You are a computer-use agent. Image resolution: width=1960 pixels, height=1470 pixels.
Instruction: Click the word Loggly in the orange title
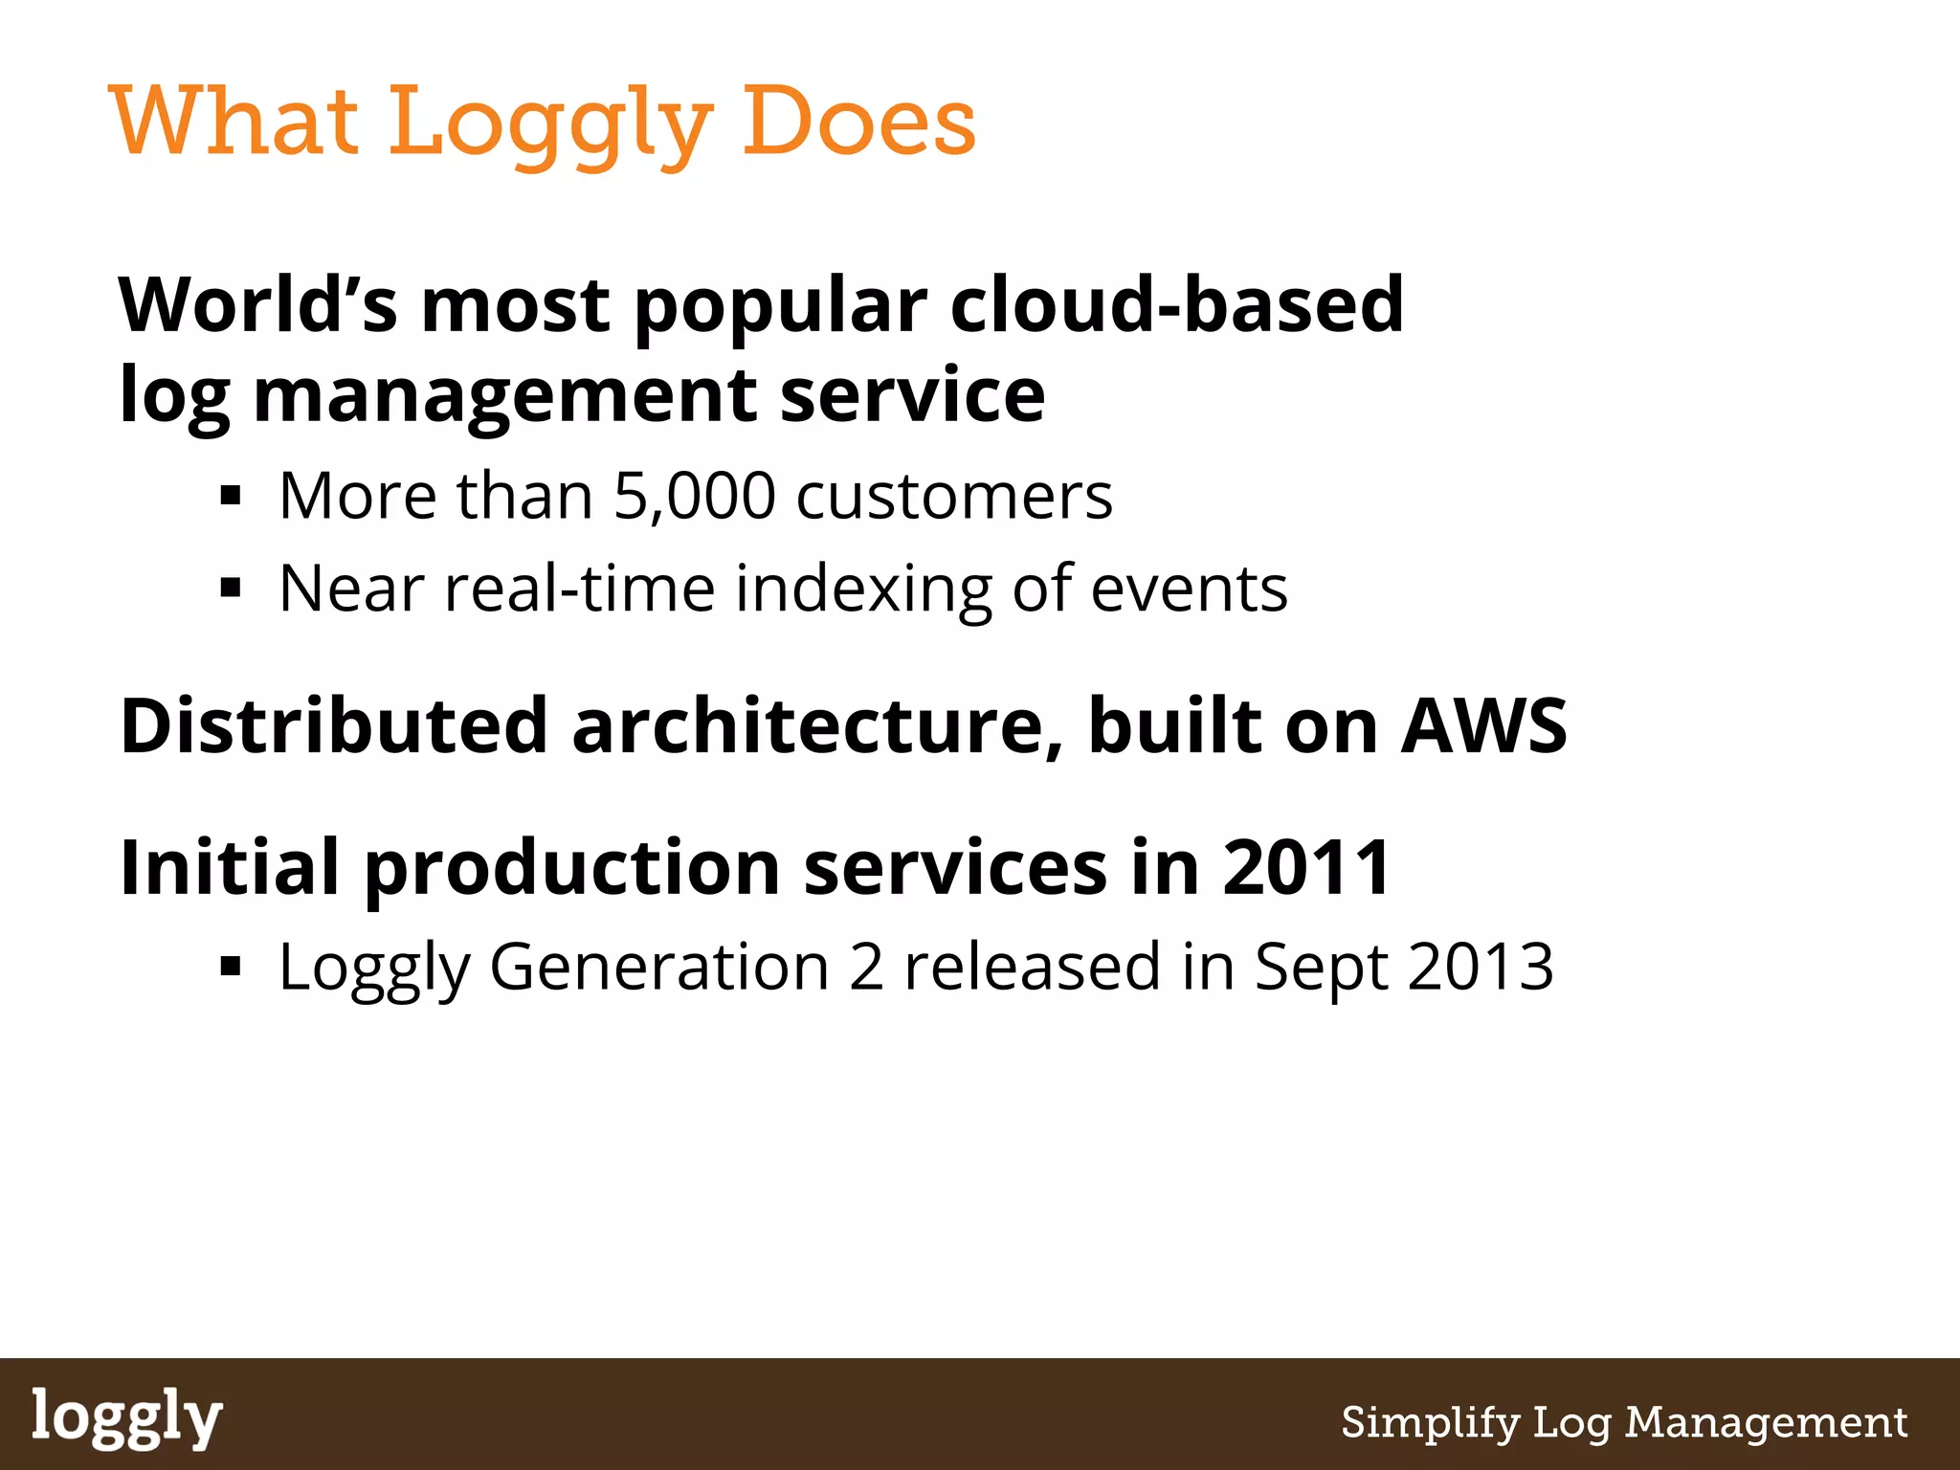pyautogui.click(x=550, y=122)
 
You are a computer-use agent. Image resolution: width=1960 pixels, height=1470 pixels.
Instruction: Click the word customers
pyautogui.click(x=954, y=496)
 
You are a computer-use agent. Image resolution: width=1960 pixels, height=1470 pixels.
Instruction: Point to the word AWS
pyautogui.click(x=1483, y=725)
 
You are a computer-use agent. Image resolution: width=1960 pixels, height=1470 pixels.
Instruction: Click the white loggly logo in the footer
pyautogui.click(x=126, y=1418)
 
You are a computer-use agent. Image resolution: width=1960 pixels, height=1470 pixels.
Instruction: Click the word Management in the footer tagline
pyautogui.click(x=1767, y=1423)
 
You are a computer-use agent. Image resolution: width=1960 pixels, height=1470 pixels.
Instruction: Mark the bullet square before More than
pyautogui.click(x=231, y=496)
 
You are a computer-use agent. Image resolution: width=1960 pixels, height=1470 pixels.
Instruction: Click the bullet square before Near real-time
pyautogui.click(x=231, y=587)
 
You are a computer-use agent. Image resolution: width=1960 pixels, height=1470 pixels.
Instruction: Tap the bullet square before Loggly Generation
pyautogui.click(x=231, y=967)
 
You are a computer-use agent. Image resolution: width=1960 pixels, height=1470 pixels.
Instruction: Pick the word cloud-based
pyautogui.click(x=1176, y=304)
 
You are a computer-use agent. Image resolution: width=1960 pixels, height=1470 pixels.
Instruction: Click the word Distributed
pyautogui.click(x=334, y=725)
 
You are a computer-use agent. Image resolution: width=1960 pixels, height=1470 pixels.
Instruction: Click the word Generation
pyautogui.click(x=659, y=967)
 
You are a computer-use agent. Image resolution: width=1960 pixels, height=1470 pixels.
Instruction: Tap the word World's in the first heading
pyautogui.click(x=256, y=304)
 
